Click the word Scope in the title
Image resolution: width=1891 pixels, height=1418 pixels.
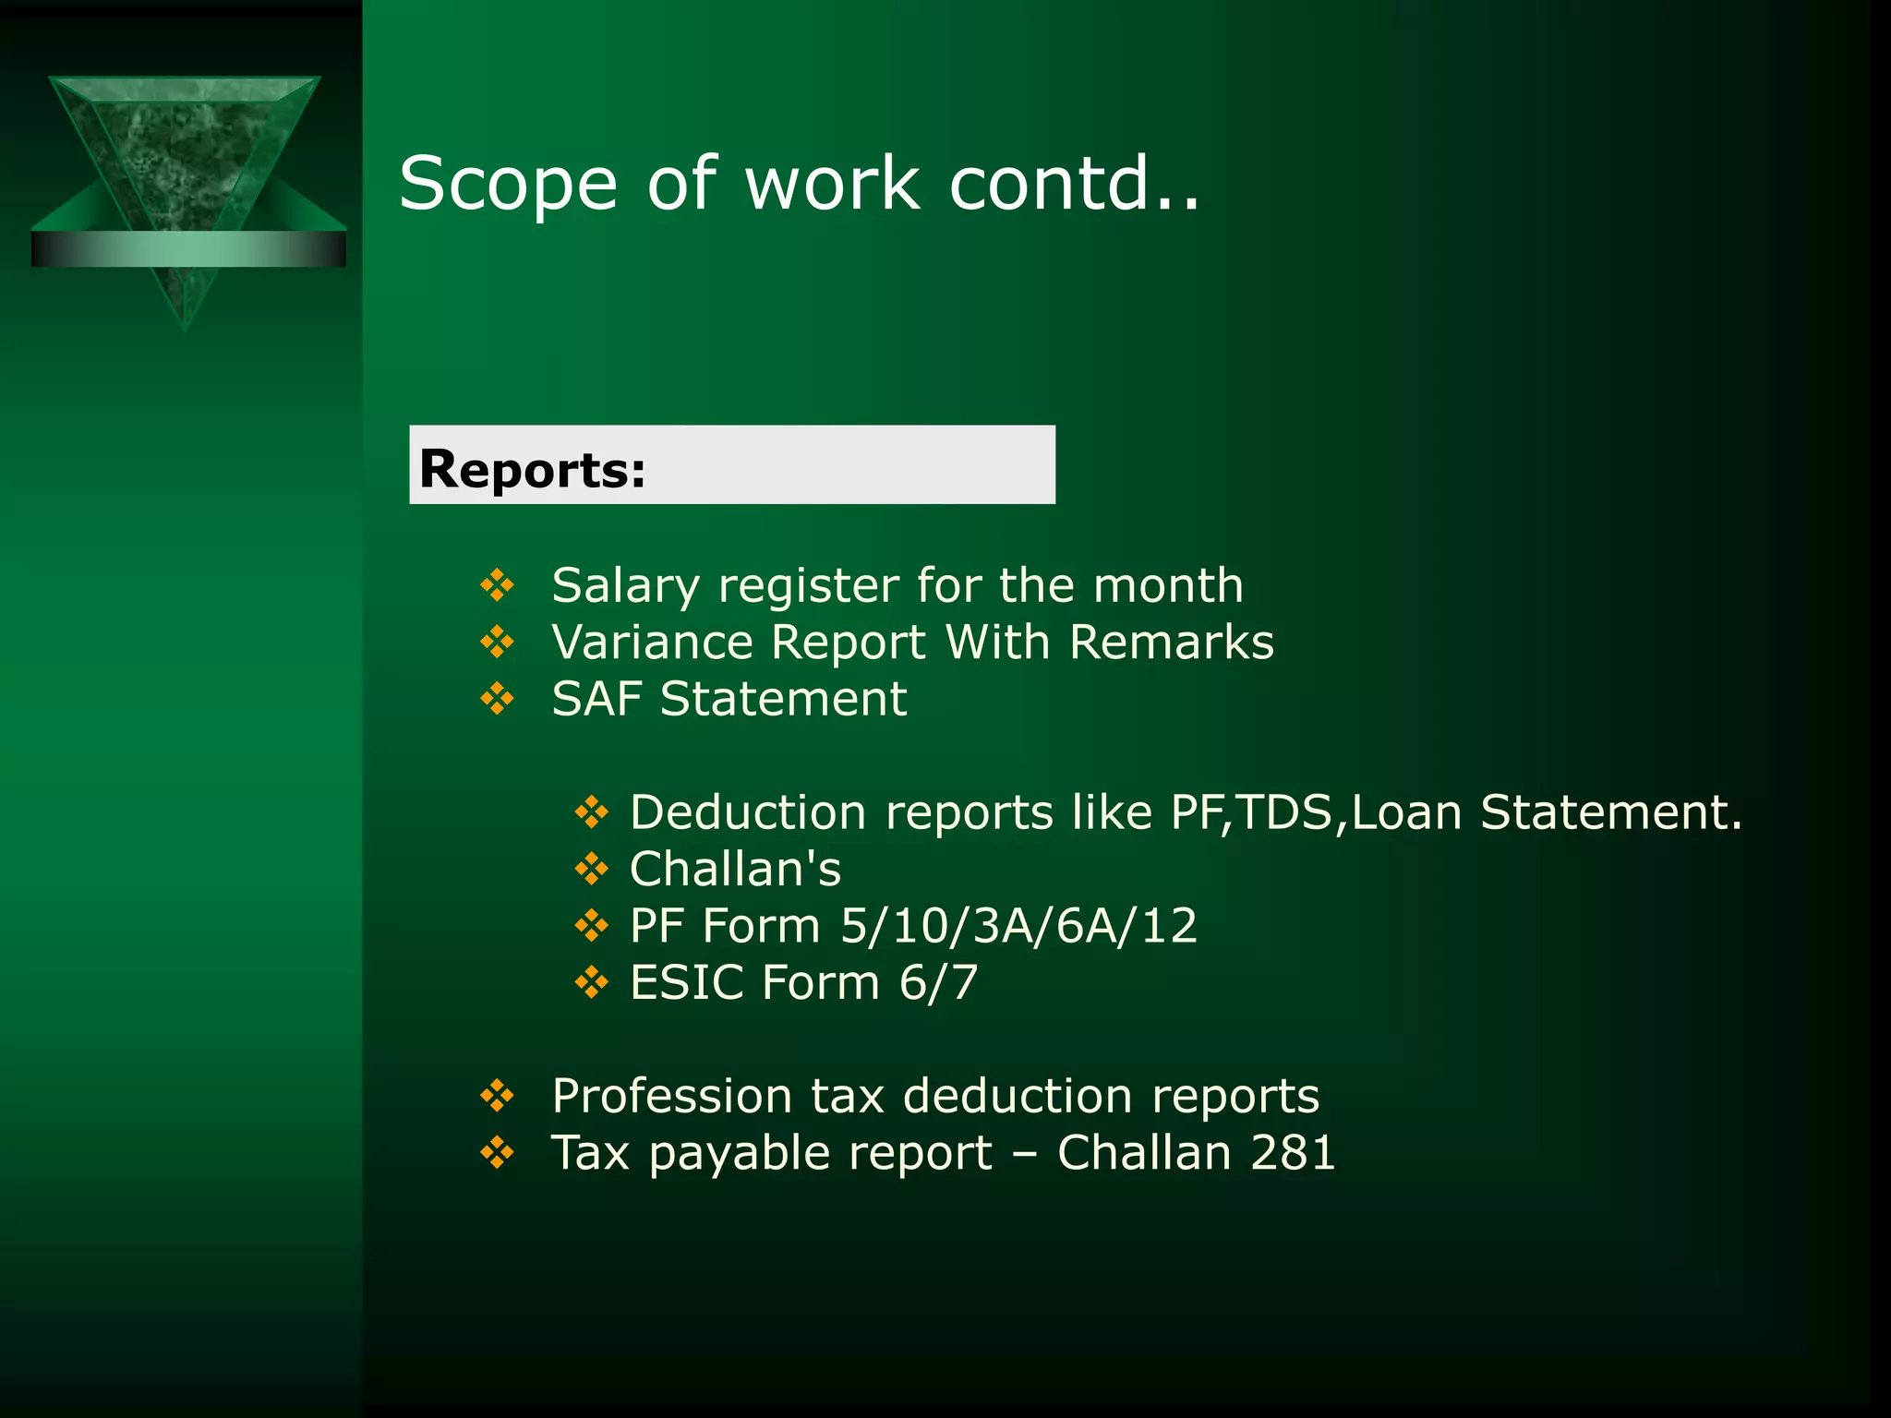coord(508,185)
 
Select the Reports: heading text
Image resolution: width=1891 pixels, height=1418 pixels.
coord(532,469)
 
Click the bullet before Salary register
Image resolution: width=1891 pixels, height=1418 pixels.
coord(497,585)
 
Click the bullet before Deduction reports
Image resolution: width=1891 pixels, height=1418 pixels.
coord(591,812)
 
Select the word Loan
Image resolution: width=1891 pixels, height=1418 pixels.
coord(1405,812)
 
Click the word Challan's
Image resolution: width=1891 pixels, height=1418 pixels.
coord(735,870)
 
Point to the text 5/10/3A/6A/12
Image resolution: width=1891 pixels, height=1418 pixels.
coord(1018,926)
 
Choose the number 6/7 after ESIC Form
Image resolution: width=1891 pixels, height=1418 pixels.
coord(938,982)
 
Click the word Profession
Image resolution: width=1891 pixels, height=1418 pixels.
coord(671,1097)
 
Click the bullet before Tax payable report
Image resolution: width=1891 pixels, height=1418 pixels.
coord(497,1152)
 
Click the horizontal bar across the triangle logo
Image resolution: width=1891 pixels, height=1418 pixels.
coord(188,249)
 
